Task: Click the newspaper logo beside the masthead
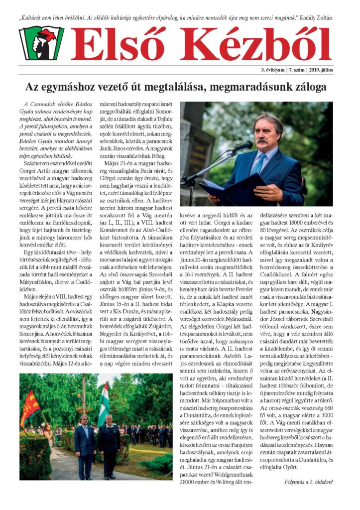pos(41,43)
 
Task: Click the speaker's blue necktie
pos(259,164)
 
